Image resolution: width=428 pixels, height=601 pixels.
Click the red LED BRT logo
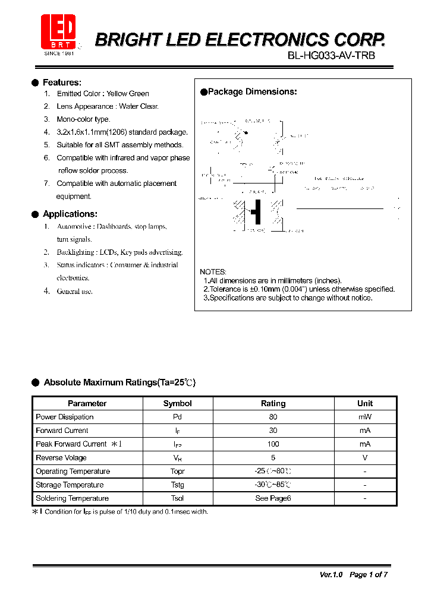click(58, 33)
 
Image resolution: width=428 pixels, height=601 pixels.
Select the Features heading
click(62, 83)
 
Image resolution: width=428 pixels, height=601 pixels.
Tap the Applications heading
click(70, 214)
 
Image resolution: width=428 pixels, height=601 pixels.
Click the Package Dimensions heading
click(252, 92)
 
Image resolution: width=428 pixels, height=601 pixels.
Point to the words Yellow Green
click(128, 94)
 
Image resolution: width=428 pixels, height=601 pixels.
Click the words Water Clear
click(139, 106)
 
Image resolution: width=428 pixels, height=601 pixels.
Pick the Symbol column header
click(177, 403)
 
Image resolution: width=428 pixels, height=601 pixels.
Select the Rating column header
click(273, 403)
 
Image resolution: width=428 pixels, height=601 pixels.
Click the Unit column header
click(365, 403)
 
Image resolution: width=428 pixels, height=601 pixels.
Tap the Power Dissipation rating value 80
click(273, 417)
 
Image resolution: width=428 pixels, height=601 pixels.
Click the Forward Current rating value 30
click(273, 431)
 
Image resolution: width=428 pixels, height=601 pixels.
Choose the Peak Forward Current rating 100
click(273, 444)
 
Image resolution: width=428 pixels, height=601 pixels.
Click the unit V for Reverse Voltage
click(365, 458)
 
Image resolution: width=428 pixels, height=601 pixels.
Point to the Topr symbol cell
click(177, 472)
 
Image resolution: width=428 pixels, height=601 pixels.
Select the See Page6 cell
click(273, 498)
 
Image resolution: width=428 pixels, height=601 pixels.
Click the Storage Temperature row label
click(70, 485)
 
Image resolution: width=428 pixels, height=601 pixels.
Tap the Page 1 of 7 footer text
click(369, 574)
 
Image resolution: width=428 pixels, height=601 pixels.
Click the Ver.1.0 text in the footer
click(331, 574)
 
